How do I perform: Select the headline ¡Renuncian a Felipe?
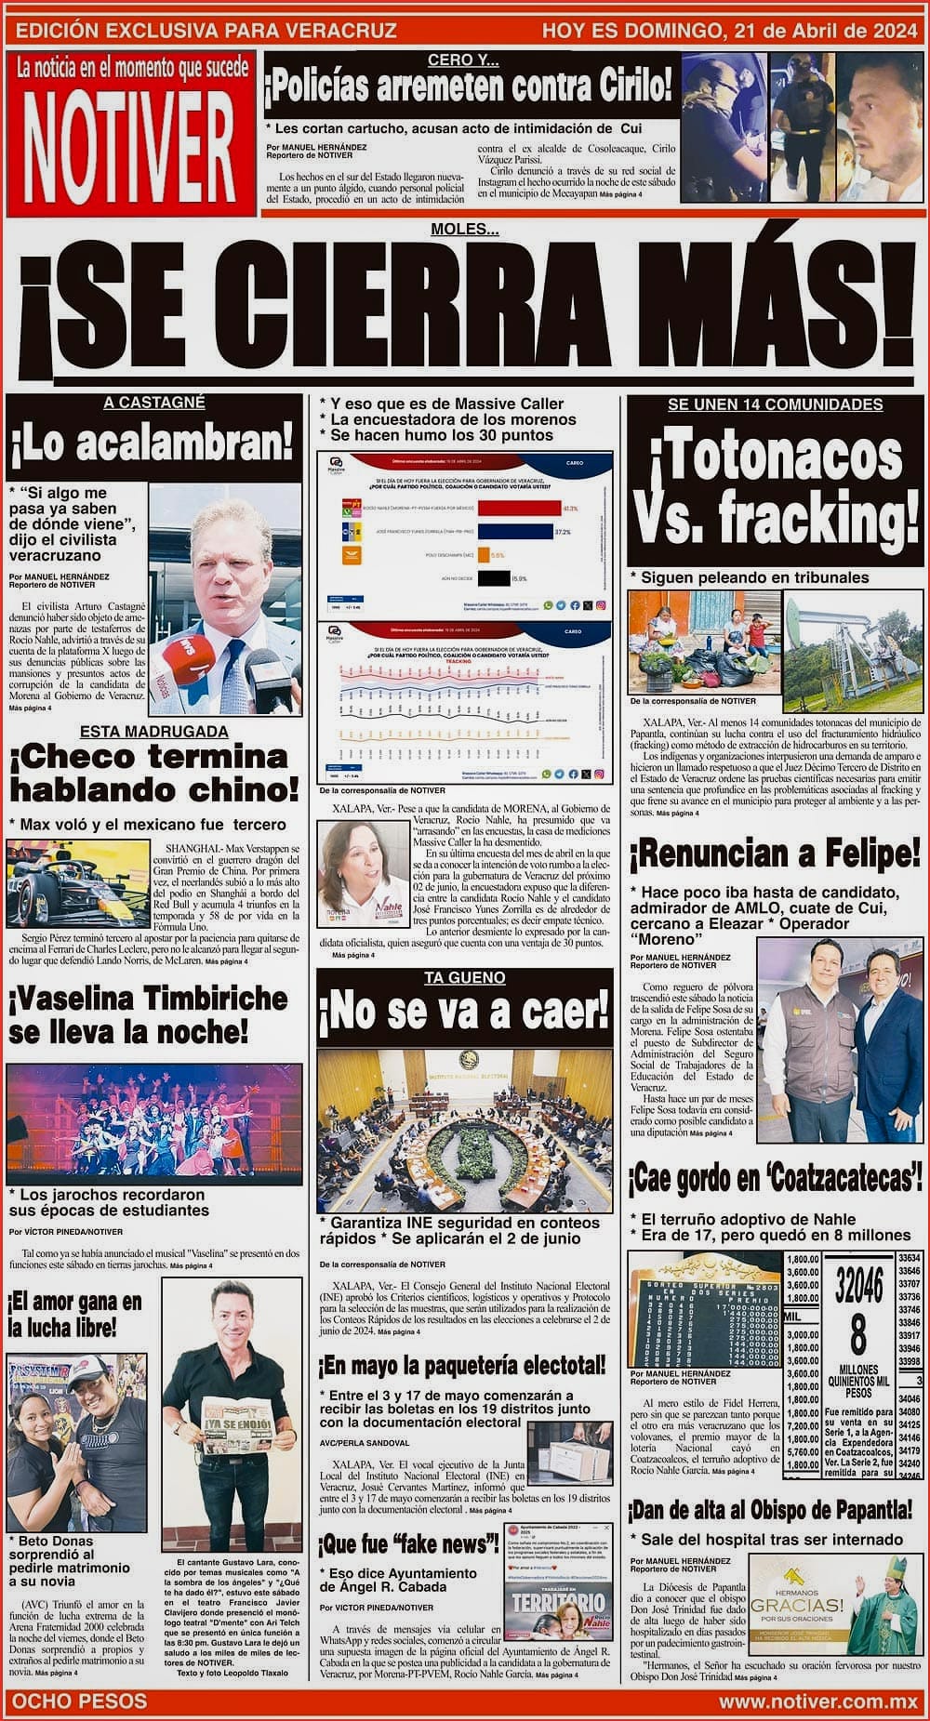pos(774,853)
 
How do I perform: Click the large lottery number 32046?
pos(858,1286)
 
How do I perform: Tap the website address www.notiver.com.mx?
pos(817,1701)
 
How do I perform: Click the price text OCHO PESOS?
pos(79,1701)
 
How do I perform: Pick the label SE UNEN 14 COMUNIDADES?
pos(775,404)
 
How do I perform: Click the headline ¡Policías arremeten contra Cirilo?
pos(469,90)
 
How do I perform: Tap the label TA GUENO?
pos(464,977)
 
